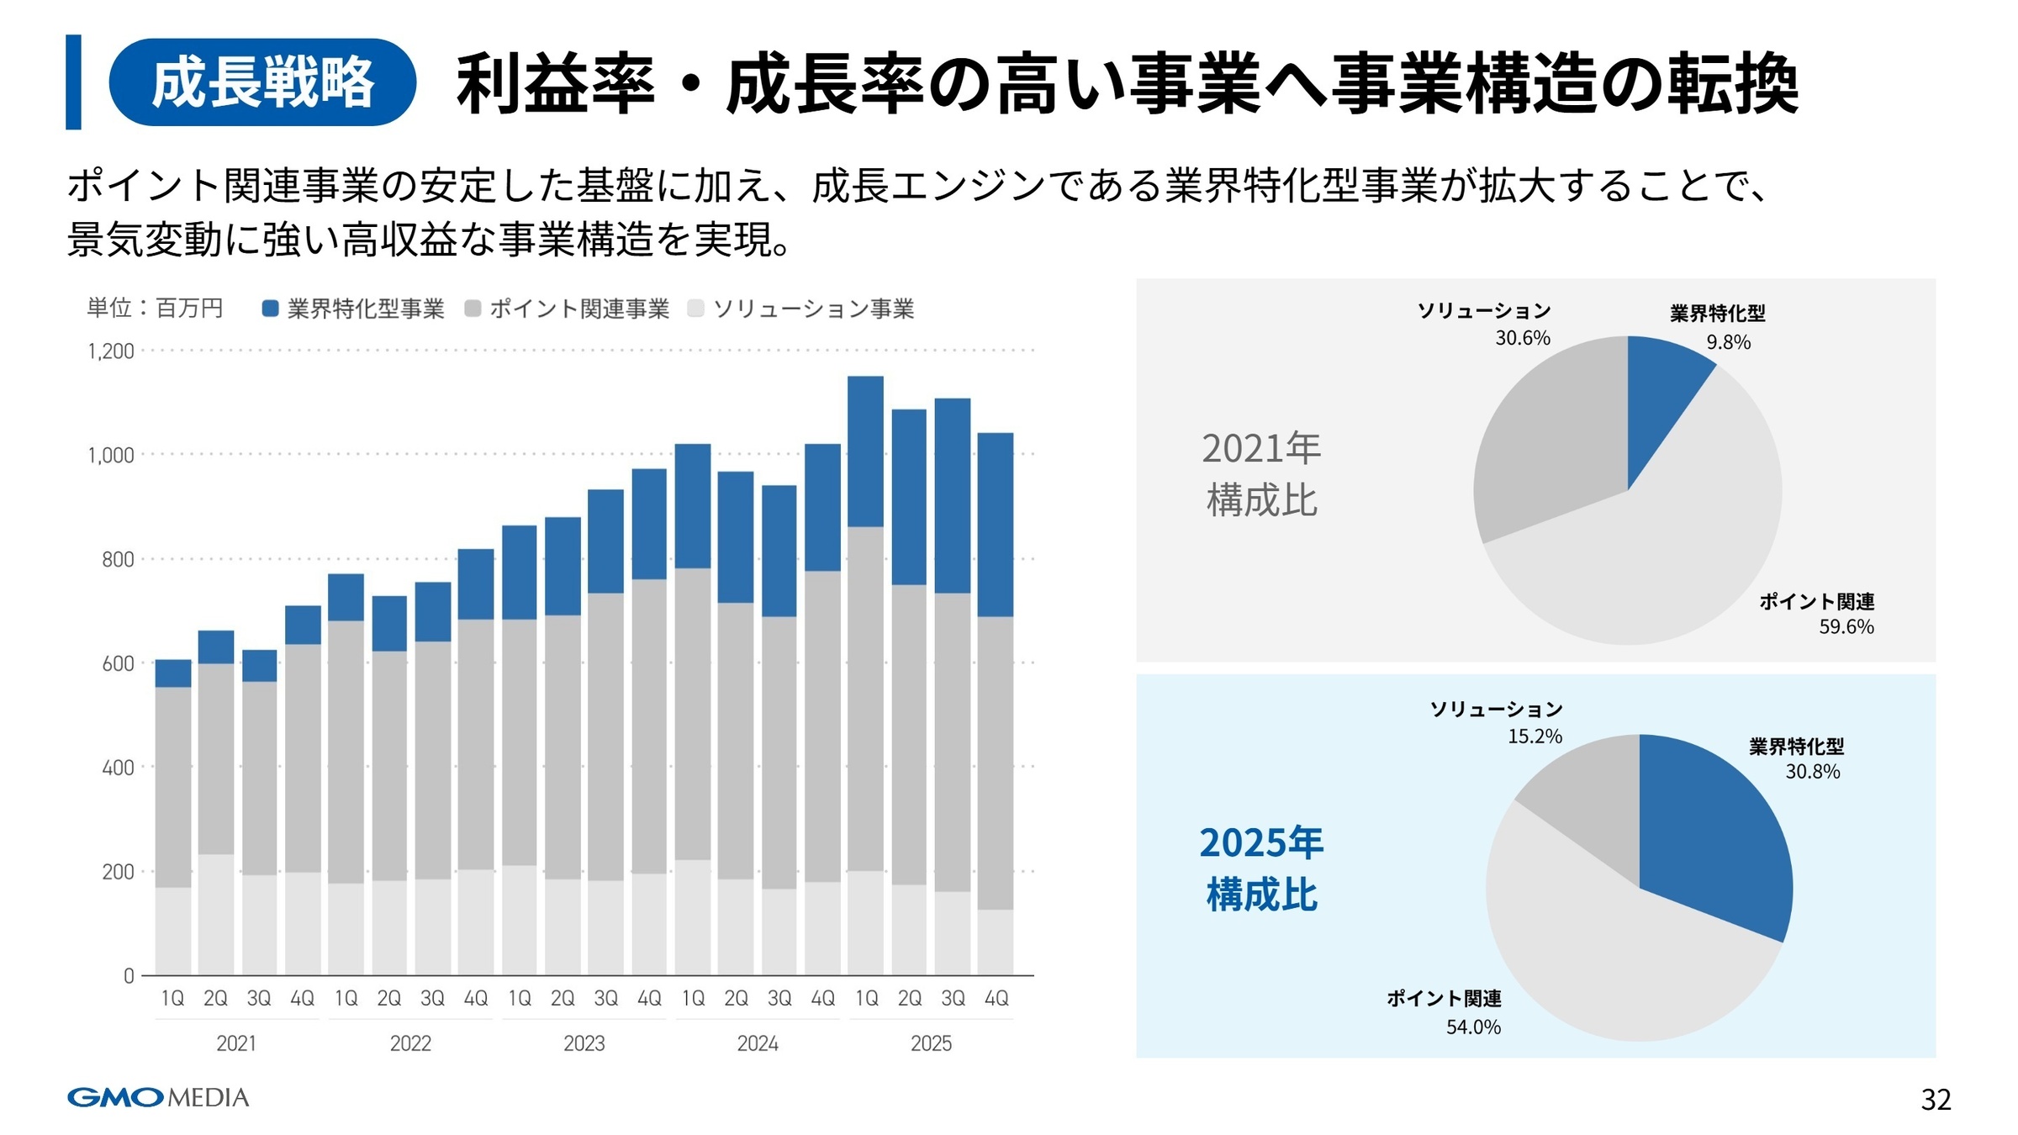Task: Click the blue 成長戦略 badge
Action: (x=261, y=82)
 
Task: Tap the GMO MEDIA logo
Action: (x=158, y=1097)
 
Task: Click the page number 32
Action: (x=1935, y=1100)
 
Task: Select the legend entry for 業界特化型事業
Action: (x=353, y=309)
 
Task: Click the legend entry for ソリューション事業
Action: (x=800, y=309)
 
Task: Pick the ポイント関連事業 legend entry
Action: (x=568, y=309)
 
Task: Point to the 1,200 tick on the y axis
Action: (x=111, y=351)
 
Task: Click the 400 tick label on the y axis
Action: (x=118, y=768)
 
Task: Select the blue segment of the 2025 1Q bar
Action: (x=865, y=451)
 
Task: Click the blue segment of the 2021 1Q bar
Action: (x=173, y=673)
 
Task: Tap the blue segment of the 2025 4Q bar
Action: (x=996, y=525)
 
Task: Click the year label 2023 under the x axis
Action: (x=584, y=1043)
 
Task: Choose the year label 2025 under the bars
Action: (x=931, y=1043)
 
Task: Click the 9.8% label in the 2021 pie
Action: (x=1728, y=342)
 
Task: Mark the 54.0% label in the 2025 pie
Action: (x=1473, y=1027)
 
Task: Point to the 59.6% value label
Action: (x=1846, y=626)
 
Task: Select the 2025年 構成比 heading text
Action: (x=1261, y=868)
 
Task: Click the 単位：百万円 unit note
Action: (x=155, y=309)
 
